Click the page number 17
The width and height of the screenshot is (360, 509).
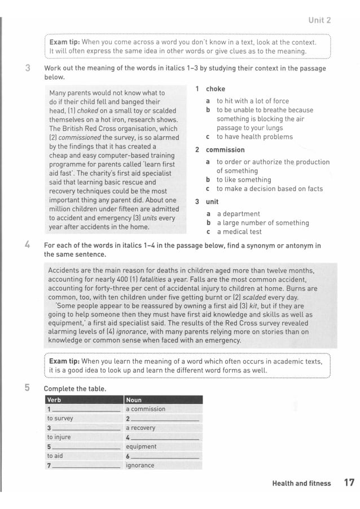tap(348, 483)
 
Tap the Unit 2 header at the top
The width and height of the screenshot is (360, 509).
tap(319, 20)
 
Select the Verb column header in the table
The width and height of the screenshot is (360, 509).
tap(55, 400)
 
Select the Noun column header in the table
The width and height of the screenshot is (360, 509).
tap(134, 400)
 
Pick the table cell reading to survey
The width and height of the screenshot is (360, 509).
tap(60, 418)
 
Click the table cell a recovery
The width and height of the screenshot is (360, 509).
tap(141, 428)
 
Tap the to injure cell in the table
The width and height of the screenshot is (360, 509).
tap(59, 437)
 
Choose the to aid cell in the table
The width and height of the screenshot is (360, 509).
tap(55, 455)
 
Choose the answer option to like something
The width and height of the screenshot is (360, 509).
tap(244, 180)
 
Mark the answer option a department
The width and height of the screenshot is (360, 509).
tap(238, 214)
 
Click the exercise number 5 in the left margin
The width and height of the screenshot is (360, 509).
tap(27, 388)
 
